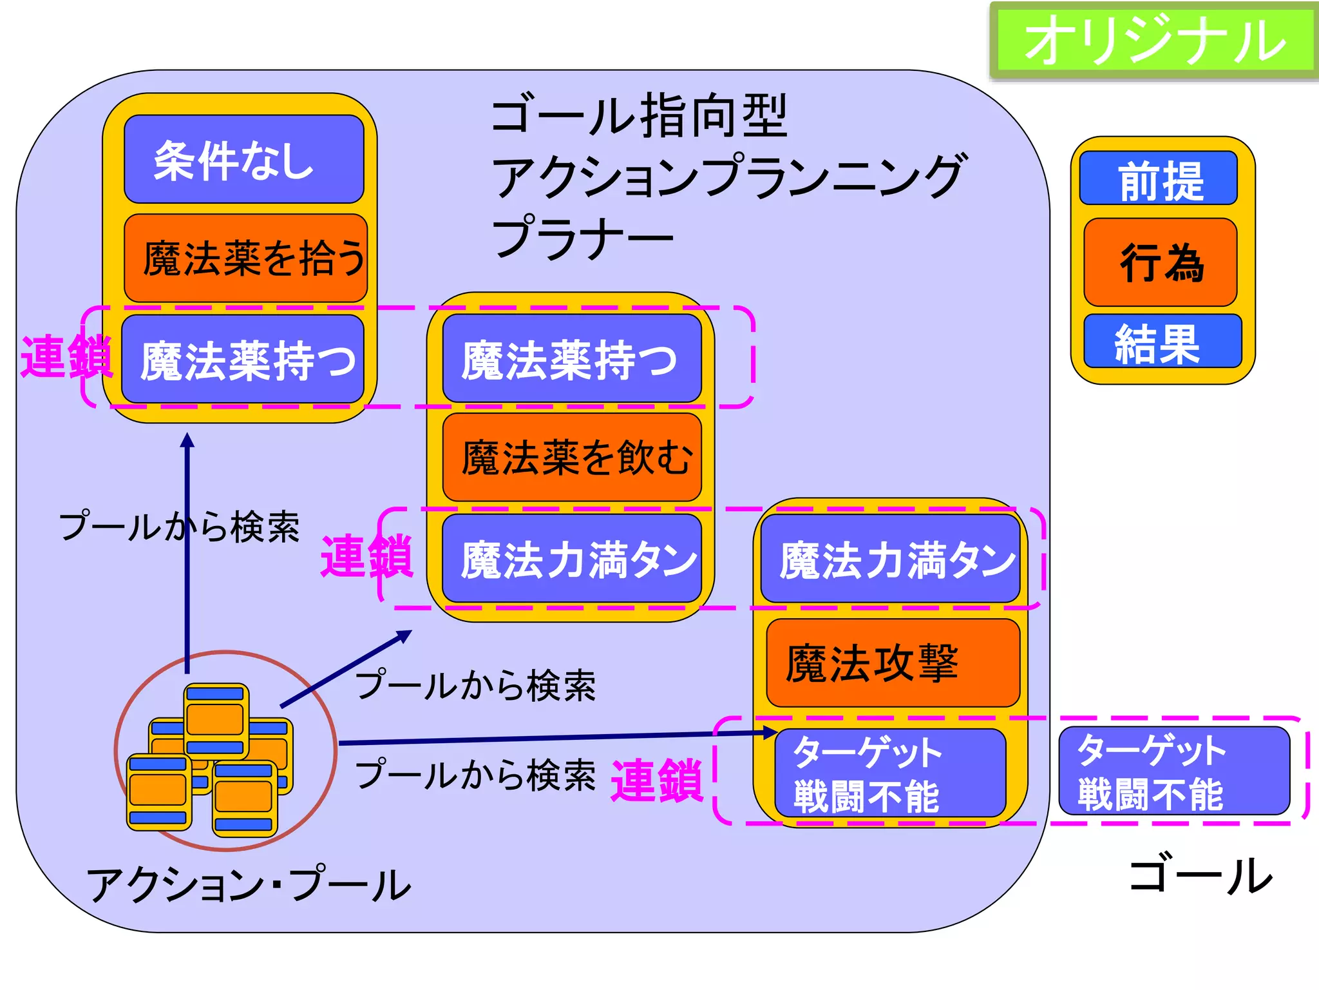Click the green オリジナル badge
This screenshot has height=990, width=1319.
click(1153, 40)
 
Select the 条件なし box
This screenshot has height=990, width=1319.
click(244, 159)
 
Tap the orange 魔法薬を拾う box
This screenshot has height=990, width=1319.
click(246, 258)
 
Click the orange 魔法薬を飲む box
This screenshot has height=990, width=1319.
click(572, 458)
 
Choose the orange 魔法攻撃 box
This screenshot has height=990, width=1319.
click(893, 663)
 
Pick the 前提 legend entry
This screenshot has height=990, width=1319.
click(1159, 179)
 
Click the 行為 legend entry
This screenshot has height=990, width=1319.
click(1161, 262)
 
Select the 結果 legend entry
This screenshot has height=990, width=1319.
click(1162, 342)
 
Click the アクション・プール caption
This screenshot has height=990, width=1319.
click(249, 885)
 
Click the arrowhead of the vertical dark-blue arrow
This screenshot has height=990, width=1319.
click(187, 440)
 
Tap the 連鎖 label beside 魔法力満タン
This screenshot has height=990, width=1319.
click(367, 556)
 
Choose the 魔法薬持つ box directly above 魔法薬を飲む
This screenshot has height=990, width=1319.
click(572, 358)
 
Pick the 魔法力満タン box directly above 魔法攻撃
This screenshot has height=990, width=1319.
click(890, 559)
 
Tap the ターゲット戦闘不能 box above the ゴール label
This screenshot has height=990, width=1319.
click(1174, 771)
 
